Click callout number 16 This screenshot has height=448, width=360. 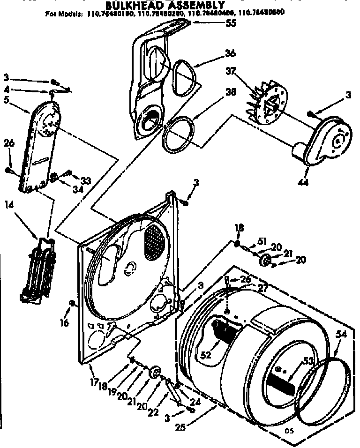coord(65,322)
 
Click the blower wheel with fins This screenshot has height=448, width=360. coord(264,104)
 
